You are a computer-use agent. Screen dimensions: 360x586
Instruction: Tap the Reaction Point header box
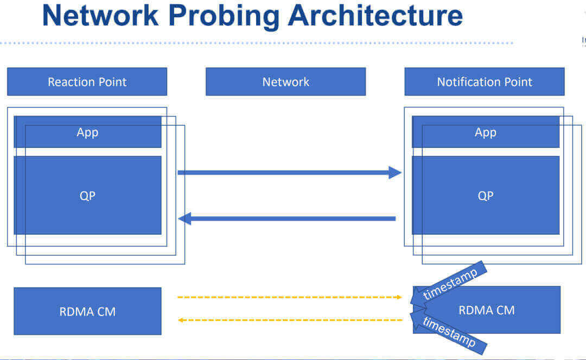87,82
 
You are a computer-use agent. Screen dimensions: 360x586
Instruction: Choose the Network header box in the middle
285,82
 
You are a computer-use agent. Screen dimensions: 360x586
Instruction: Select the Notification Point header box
484,82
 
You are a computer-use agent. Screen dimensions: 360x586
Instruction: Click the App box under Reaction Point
87,132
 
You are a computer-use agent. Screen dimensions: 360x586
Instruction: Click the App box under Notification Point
486,132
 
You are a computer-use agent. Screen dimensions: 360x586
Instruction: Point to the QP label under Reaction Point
87,196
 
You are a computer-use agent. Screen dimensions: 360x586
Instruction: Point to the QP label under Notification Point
486,196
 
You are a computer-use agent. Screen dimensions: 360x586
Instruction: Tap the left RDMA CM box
87,311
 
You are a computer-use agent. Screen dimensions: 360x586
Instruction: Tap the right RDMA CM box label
486,310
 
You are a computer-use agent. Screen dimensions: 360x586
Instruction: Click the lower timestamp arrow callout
449,332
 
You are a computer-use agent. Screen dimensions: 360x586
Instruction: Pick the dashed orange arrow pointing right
288,297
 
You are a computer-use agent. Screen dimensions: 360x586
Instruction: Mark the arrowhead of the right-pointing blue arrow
395,173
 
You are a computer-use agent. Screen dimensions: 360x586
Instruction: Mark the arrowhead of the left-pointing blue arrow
185,219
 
